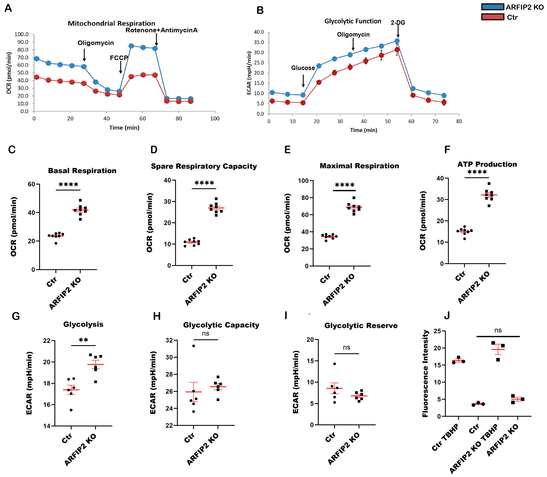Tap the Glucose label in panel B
303,68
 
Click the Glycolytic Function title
353,21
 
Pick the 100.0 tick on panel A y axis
21,34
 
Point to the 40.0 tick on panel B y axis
259,32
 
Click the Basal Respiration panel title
82,171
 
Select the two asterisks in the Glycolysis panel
83,340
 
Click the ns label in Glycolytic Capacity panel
206,334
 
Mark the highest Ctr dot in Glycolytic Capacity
194,346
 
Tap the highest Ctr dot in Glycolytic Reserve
335,364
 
